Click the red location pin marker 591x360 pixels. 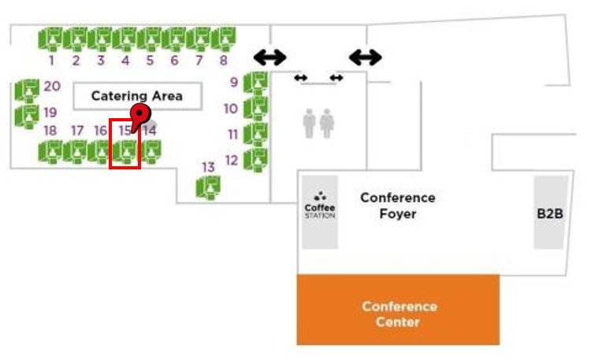139,115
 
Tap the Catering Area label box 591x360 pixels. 137,96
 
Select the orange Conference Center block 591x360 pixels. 398,310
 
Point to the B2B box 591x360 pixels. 549,213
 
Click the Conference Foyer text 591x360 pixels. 398,206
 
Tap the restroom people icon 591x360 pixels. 318,123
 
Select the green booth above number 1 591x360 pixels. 51,38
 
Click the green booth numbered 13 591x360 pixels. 209,187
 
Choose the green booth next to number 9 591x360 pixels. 255,82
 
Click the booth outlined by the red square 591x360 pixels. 125,150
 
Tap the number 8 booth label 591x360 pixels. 223,61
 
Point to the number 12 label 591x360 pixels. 231,160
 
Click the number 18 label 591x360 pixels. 50,131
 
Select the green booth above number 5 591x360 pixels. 150,38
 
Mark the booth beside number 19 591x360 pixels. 28,115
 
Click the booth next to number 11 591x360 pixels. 255,133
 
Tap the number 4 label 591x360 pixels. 125,61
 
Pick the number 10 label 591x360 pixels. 230,109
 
